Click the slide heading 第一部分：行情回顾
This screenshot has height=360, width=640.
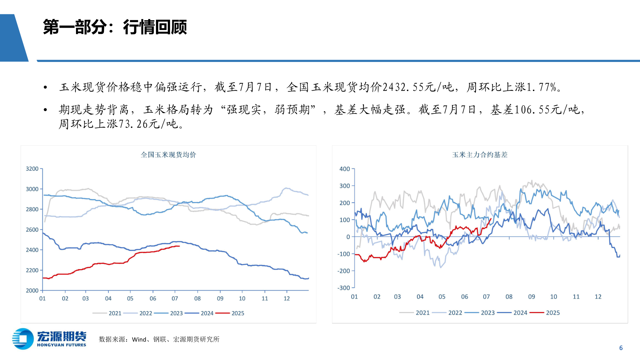pyautogui.click(x=115, y=27)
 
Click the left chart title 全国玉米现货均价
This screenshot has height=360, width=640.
pyautogui.click(x=168, y=155)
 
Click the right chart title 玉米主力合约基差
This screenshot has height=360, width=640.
pyautogui.click(x=480, y=155)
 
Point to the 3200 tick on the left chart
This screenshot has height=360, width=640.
pyautogui.click(x=32, y=169)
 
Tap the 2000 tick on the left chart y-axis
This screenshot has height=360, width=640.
pyautogui.click(x=32, y=290)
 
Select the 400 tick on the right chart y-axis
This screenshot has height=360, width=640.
pyautogui.click(x=345, y=169)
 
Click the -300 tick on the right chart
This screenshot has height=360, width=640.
pyautogui.click(x=344, y=288)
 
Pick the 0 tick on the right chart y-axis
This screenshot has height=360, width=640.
pyautogui.click(x=348, y=237)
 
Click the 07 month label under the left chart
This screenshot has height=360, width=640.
pyautogui.click(x=175, y=298)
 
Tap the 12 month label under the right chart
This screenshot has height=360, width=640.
pyautogui.click(x=598, y=297)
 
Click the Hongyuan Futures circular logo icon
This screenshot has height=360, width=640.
pyautogui.click(x=23, y=339)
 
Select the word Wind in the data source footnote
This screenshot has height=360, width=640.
pyautogui.click(x=139, y=339)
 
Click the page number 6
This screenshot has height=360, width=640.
pyautogui.click(x=621, y=348)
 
